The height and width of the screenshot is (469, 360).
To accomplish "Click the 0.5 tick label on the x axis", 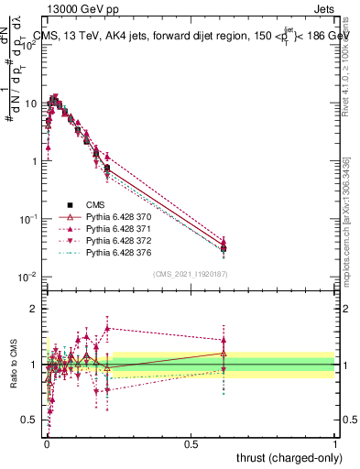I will (191, 442).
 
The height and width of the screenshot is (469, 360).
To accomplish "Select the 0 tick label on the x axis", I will (47, 442).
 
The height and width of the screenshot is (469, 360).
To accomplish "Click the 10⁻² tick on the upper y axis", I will (28, 277).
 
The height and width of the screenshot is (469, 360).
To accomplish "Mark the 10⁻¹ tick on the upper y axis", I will (28, 219).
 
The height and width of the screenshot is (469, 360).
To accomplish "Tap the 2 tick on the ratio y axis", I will (35, 309).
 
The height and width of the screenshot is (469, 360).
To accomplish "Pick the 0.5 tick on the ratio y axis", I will (30, 420).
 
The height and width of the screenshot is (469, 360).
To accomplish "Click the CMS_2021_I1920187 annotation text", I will (191, 273).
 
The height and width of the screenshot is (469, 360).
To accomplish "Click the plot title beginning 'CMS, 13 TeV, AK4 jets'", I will (192, 37).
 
